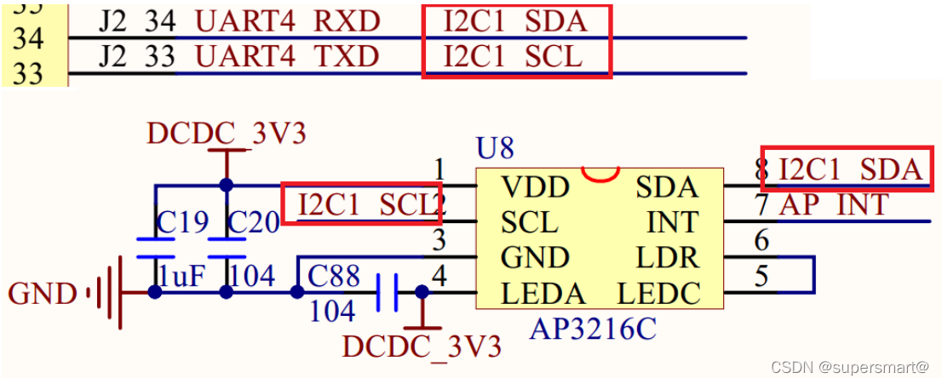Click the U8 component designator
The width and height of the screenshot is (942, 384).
point(495,149)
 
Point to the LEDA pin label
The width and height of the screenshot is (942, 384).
point(543,294)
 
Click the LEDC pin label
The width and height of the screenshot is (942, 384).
point(658,294)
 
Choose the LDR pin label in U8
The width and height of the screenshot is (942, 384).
point(667,258)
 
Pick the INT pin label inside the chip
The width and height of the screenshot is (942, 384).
point(673,222)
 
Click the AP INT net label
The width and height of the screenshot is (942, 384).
point(834,205)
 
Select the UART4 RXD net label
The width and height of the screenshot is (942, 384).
point(287,20)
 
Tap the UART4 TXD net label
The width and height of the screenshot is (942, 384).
point(287,56)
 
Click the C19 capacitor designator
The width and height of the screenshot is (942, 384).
point(183,223)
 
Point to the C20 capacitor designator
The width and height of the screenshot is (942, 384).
point(255,223)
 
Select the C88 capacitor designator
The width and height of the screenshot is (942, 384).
point(334,277)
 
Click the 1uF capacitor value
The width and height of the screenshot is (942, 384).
point(182,276)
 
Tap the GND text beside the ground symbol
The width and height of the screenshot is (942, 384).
point(43,295)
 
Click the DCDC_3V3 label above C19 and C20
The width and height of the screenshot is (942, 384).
point(226,134)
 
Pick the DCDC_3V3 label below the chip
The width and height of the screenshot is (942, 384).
point(422,347)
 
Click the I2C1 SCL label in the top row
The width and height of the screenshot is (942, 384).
point(513,56)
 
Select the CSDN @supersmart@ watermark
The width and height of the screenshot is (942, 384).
point(849,367)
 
